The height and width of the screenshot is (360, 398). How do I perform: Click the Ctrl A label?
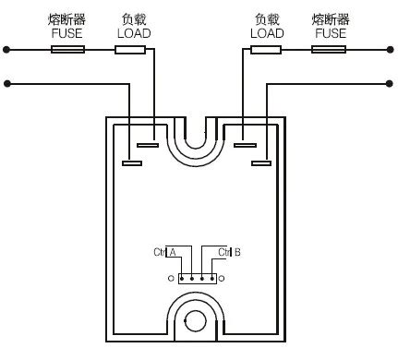(164, 251)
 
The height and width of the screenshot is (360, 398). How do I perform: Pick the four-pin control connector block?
(197, 277)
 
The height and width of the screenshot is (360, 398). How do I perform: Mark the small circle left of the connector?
(171, 277)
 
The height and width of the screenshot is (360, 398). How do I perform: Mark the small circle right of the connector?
(223, 277)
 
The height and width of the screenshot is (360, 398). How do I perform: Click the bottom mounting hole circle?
(197, 321)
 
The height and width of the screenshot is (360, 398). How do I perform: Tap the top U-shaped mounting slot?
(197, 138)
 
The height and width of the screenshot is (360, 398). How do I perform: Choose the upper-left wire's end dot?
(6, 49)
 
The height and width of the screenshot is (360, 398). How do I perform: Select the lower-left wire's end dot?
(6, 84)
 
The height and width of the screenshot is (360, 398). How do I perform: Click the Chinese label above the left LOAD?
(133, 18)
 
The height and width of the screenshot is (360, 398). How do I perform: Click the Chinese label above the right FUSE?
(329, 18)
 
